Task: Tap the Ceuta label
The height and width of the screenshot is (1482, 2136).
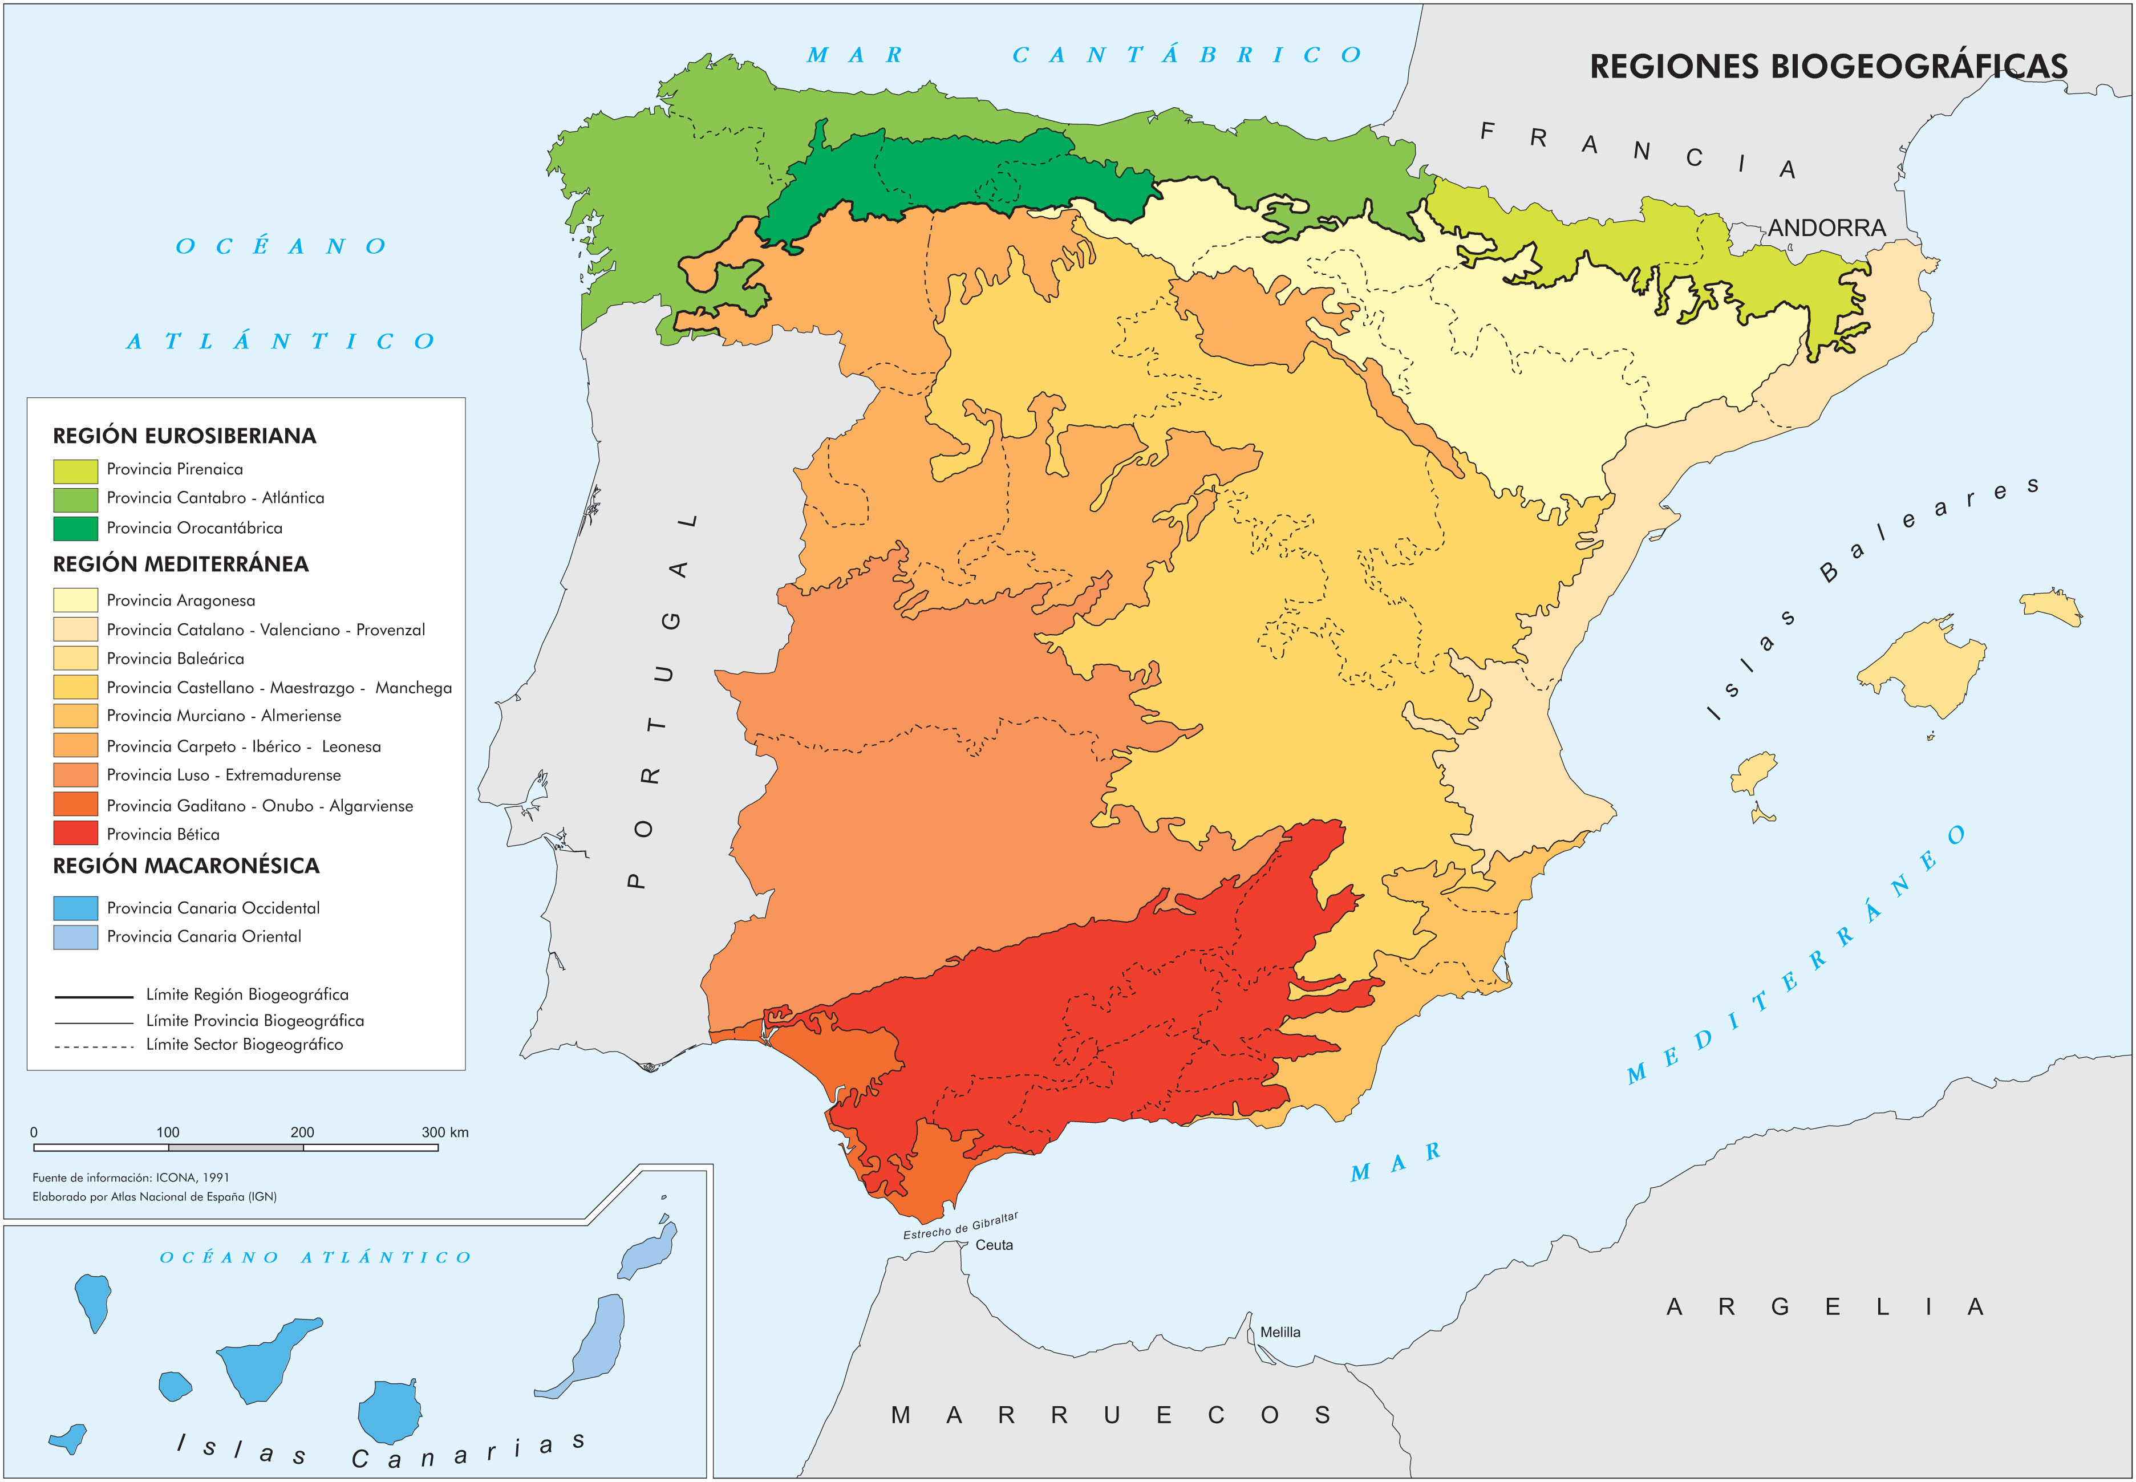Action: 994,1245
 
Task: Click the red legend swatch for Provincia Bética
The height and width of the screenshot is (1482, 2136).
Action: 75,833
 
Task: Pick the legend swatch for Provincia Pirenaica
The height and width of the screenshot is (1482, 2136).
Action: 75,470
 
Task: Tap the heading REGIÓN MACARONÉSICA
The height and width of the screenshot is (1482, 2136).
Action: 186,866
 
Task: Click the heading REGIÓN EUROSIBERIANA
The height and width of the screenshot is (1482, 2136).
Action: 184,436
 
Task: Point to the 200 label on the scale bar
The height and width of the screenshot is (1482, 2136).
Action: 302,1132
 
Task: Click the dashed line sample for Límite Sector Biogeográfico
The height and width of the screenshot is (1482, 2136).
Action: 94,1046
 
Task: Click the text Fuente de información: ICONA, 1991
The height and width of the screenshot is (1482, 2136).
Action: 131,1178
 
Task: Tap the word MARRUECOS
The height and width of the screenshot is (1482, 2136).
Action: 1110,1415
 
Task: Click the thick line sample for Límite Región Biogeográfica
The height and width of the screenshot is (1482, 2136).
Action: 94,996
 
